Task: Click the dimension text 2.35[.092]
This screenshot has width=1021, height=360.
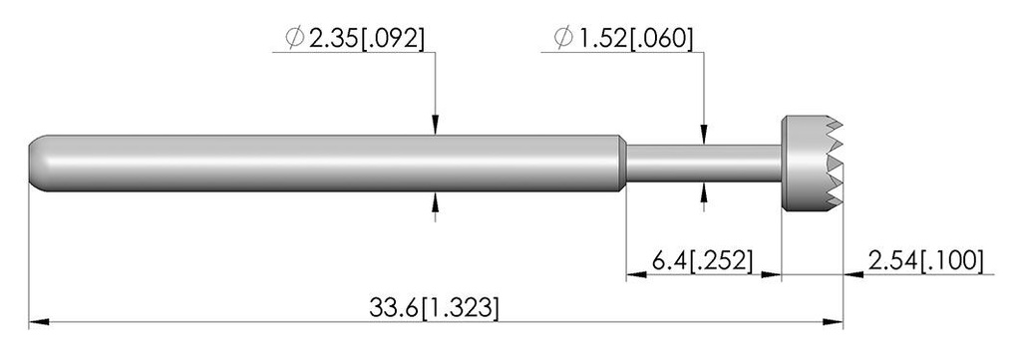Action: point(366,40)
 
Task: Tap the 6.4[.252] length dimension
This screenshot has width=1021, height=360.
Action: point(702,261)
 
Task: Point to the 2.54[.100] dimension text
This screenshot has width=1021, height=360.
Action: point(924,261)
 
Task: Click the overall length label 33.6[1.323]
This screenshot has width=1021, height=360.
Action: point(434,307)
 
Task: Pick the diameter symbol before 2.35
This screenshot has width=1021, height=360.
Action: point(295,39)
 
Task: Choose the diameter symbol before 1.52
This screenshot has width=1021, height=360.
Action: point(563,39)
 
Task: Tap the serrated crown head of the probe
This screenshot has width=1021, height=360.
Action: point(812,164)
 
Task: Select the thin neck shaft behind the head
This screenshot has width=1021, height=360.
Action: point(703,164)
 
